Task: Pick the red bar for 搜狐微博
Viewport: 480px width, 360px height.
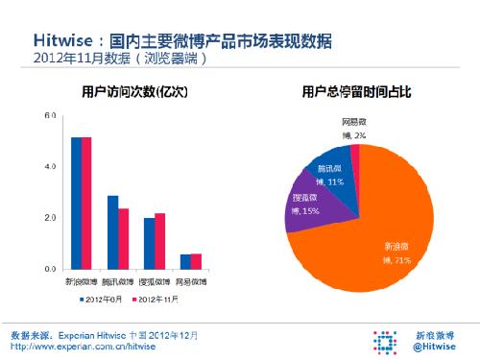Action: click(159, 241)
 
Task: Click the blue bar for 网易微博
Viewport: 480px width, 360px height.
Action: click(185, 262)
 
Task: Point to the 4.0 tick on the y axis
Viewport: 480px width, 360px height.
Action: click(50, 167)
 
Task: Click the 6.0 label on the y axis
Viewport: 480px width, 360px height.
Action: click(50, 115)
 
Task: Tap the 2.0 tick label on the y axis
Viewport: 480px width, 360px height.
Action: click(50, 219)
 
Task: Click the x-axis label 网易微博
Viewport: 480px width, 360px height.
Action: click(191, 282)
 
